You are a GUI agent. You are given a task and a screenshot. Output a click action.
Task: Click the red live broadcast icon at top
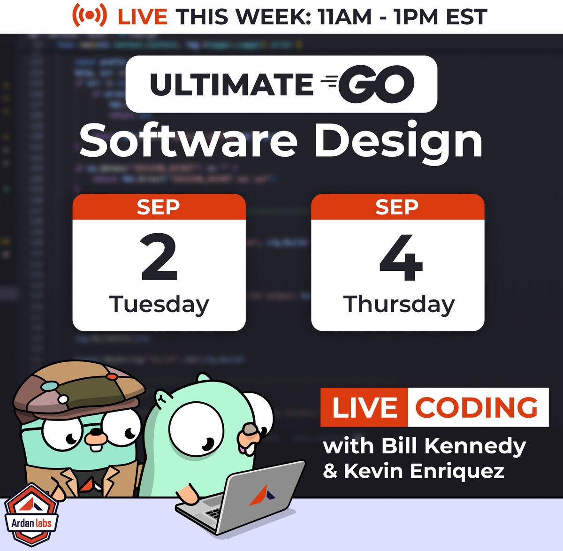tap(89, 16)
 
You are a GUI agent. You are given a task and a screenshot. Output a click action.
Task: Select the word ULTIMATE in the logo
tap(231, 84)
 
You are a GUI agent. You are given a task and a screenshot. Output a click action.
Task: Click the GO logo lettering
tap(375, 84)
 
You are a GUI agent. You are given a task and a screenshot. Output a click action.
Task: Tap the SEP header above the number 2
tap(158, 207)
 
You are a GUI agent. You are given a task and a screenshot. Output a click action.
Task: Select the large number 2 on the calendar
tap(159, 258)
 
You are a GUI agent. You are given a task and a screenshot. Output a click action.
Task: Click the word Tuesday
tap(159, 305)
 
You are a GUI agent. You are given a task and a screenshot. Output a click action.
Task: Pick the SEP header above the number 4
tap(397, 207)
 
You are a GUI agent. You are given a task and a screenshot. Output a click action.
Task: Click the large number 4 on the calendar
tap(401, 258)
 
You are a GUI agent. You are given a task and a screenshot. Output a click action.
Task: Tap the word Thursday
tap(399, 305)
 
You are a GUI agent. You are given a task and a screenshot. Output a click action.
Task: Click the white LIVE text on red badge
tap(365, 407)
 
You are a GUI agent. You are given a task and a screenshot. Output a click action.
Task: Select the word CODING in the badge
tap(477, 407)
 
